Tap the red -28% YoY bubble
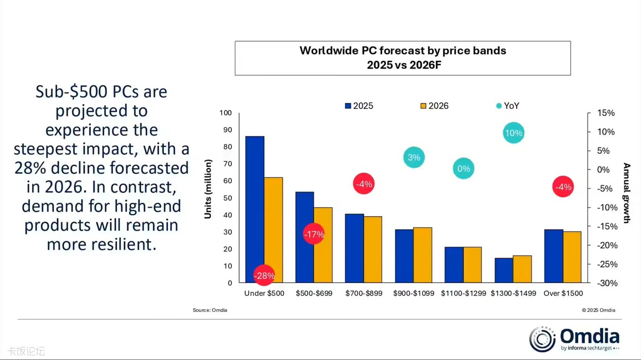click(264, 275)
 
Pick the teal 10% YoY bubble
click(513, 133)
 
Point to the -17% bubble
click(314, 234)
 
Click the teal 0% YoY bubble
click(463, 168)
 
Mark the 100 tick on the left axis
click(225, 113)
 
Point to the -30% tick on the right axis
click(607, 283)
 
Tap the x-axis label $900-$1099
click(414, 293)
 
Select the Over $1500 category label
click(563, 293)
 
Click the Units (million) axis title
click(208, 189)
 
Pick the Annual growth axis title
click(627, 193)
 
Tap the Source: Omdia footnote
click(210, 310)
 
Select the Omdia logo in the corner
click(574, 339)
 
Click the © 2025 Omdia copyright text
click(598, 310)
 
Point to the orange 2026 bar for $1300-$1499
click(522, 269)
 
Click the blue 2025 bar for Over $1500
click(554, 256)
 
